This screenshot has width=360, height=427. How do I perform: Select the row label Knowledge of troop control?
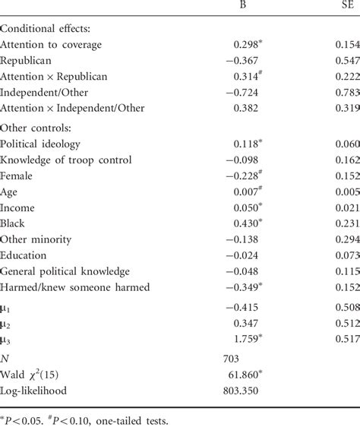coord(67,160)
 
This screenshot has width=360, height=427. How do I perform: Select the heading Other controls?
coord(38,127)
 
